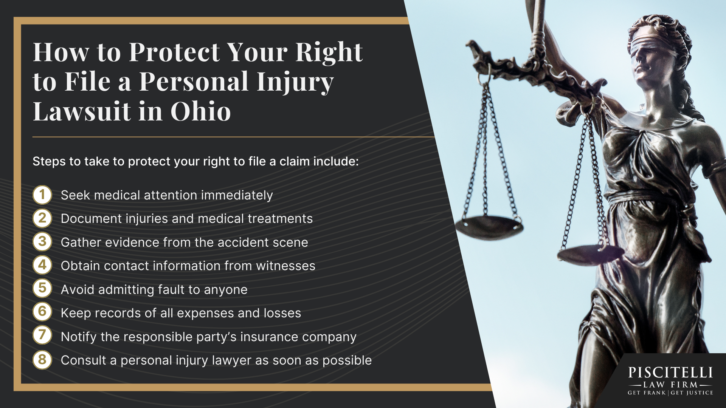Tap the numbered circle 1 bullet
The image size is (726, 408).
[x=42, y=195]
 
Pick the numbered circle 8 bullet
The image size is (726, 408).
[x=42, y=360]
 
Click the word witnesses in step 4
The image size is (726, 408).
[x=285, y=266]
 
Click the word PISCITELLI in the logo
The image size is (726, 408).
[x=670, y=373]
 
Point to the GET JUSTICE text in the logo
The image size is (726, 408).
[x=692, y=393]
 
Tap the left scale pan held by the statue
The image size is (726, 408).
[x=489, y=227]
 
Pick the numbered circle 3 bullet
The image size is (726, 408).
[x=42, y=242]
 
